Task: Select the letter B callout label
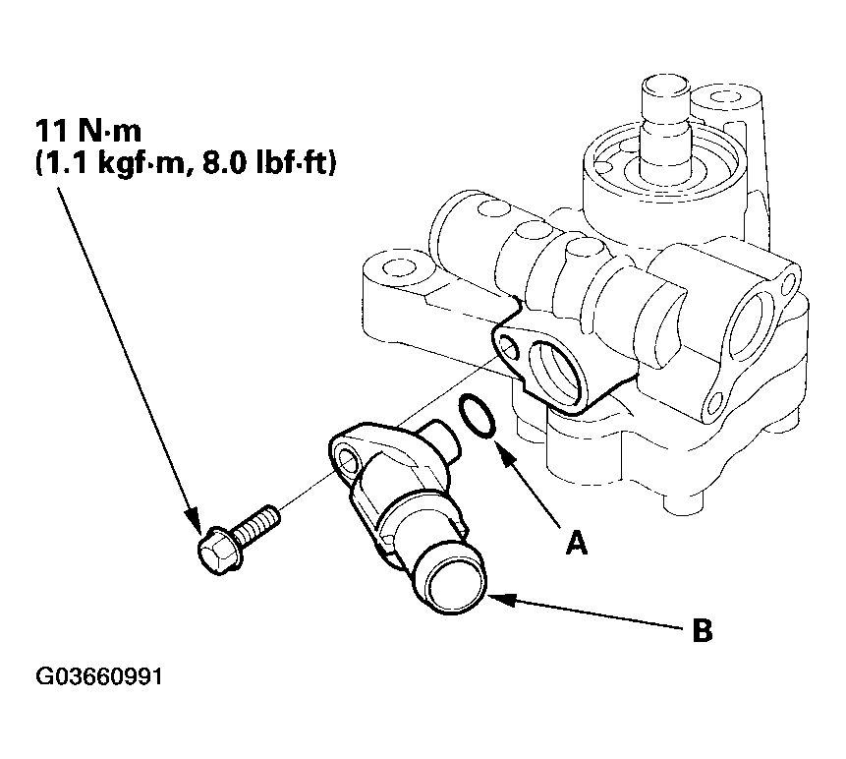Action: [x=702, y=630]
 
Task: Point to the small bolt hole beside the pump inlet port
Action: [x=509, y=346]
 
